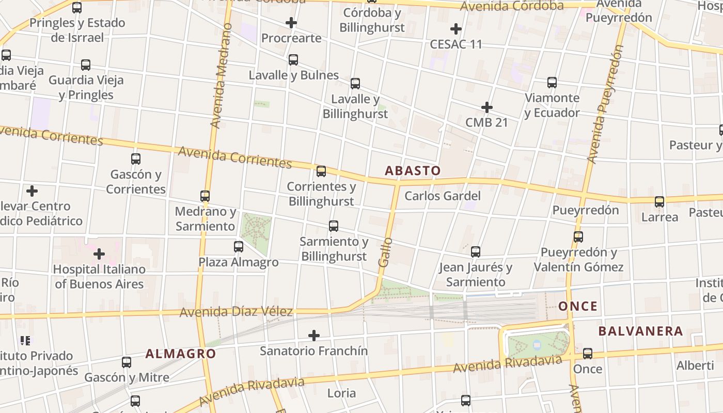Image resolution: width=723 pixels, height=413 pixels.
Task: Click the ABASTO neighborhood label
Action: click(413, 170)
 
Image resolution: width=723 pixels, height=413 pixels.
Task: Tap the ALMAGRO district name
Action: click(180, 354)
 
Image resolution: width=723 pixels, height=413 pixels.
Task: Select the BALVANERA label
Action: click(640, 331)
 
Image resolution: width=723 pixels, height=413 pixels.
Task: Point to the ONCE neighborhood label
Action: click(578, 306)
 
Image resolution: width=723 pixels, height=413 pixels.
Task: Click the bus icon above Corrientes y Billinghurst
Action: click(321, 171)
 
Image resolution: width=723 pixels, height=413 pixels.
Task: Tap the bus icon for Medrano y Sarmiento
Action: click(205, 196)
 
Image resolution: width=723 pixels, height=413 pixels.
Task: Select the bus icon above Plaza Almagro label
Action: click(239, 247)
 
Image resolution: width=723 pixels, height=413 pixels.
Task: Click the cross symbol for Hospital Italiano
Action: click(99, 254)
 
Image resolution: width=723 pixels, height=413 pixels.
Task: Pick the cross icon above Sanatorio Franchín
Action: click(313, 336)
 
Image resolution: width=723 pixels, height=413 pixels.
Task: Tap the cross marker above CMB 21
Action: click(486, 107)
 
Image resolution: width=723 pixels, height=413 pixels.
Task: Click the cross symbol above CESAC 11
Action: click(455, 29)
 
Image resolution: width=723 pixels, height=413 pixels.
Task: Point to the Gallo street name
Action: click(384, 252)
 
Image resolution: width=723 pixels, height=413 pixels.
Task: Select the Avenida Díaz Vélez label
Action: click(236, 312)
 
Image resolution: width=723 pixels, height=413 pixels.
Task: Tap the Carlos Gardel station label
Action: click(442, 196)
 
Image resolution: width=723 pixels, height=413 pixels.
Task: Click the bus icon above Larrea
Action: click(659, 202)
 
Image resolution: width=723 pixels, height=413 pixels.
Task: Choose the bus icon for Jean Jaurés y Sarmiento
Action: click(476, 252)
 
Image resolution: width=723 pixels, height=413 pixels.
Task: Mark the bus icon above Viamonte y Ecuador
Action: click(552, 83)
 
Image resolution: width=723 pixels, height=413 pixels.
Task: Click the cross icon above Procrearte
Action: click(291, 23)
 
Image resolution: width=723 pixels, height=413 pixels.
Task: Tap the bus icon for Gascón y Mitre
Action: click(127, 362)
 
